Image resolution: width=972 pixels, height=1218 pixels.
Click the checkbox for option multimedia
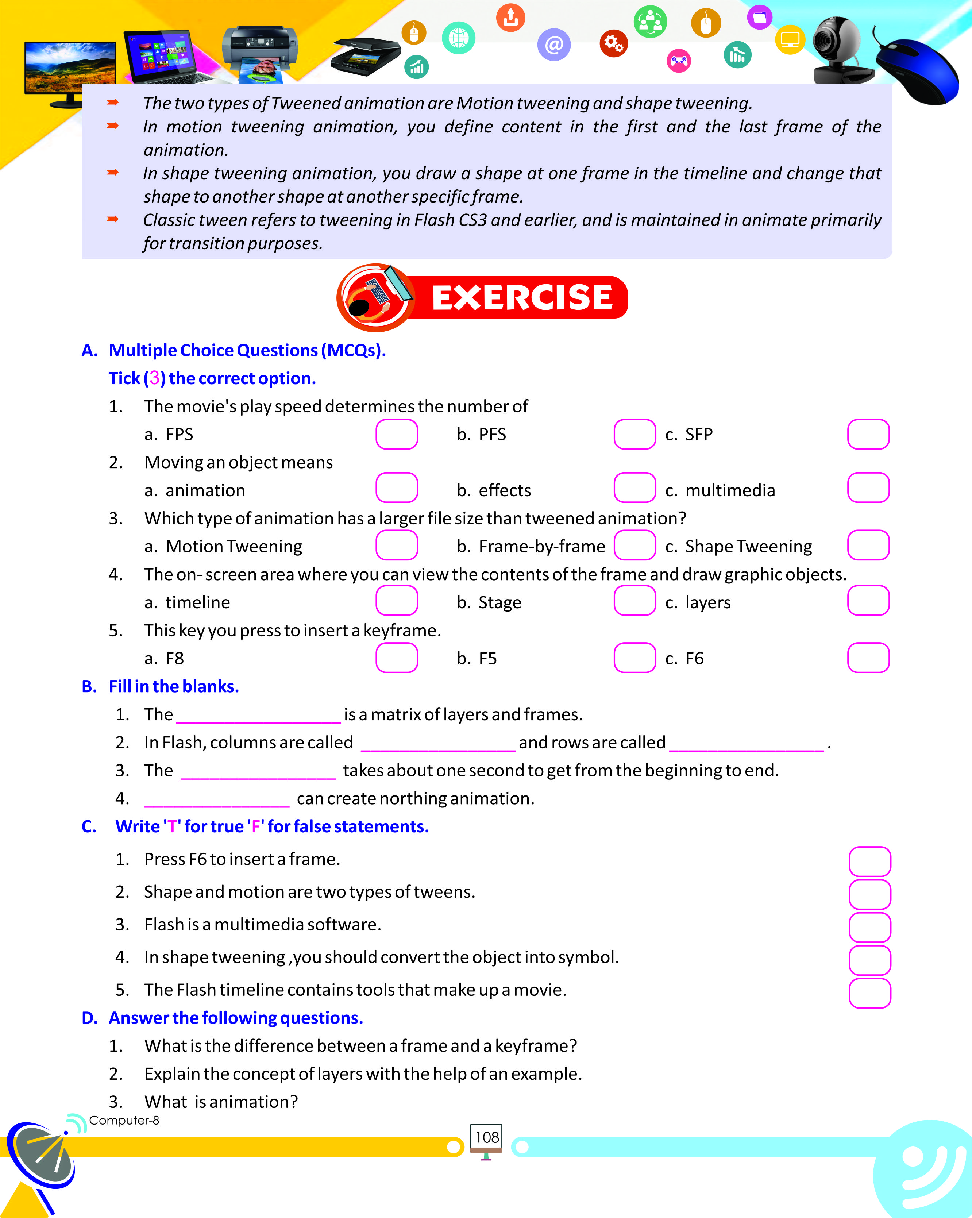pyautogui.click(x=868, y=488)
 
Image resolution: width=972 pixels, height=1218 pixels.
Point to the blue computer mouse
pyautogui.click(x=918, y=71)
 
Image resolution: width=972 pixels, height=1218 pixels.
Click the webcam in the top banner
pyautogui.click(x=839, y=51)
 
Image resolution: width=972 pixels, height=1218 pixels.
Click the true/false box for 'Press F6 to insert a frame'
pyautogui.click(x=870, y=861)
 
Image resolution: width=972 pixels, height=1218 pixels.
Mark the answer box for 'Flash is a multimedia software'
pyautogui.click(x=870, y=927)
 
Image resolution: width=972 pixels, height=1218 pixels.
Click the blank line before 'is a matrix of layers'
pyautogui.click(x=259, y=716)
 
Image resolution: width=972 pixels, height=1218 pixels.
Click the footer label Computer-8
pyautogui.click(x=124, y=1120)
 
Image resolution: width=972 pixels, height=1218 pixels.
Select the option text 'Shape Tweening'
pyautogui.click(x=748, y=546)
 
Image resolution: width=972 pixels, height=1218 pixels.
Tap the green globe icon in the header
pyautogui.click(x=459, y=38)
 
